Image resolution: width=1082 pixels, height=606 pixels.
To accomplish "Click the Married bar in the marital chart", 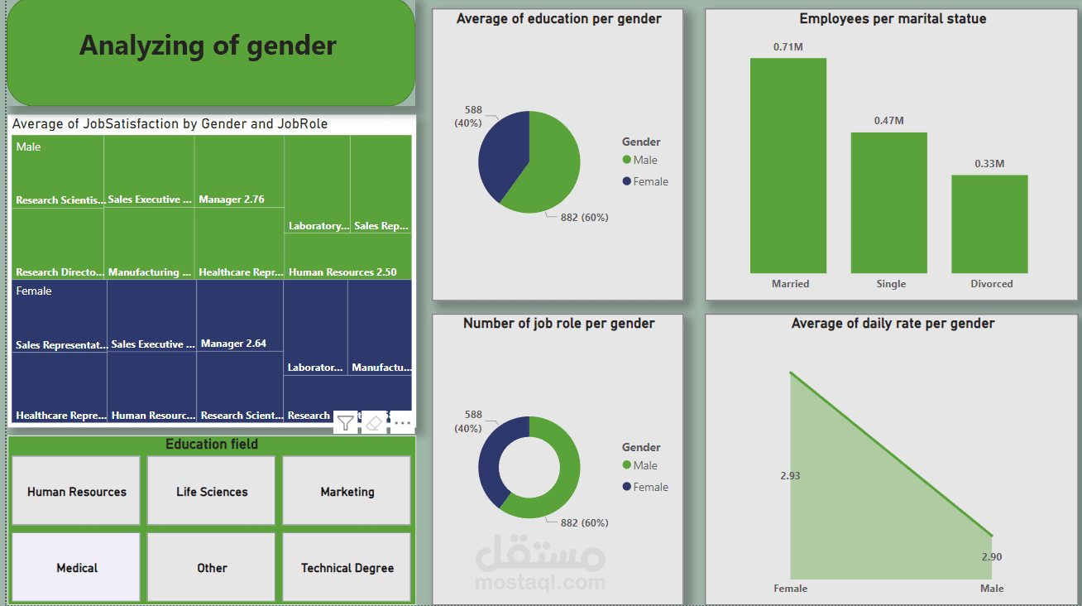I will (788, 166).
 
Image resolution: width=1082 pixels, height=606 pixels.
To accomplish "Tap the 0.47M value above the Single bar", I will (889, 121).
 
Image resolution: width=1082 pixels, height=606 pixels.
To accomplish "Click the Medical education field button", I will (76, 567).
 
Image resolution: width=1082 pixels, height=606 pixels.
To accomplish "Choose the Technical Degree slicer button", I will (347, 567).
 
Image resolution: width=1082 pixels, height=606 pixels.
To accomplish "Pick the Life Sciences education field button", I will (212, 491).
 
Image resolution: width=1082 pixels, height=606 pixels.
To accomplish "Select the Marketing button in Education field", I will (347, 491).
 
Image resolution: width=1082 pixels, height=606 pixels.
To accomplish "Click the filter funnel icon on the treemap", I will (346, 422).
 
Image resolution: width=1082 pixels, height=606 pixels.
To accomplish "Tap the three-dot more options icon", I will (402, 422).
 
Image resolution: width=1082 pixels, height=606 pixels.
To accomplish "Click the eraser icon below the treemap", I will (374, 422).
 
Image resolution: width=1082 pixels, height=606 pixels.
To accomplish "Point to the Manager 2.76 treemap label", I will (232, 200).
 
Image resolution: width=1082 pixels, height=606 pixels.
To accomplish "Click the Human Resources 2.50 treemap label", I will (342, 272).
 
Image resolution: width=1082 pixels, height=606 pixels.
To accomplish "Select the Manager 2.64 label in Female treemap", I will (233, 344).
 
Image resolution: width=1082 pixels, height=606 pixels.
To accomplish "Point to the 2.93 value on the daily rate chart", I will (790, 476).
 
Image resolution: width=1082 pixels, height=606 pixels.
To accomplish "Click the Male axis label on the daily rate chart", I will (992, 589).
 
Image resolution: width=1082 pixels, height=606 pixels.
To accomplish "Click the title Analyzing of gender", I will (208, 46).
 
